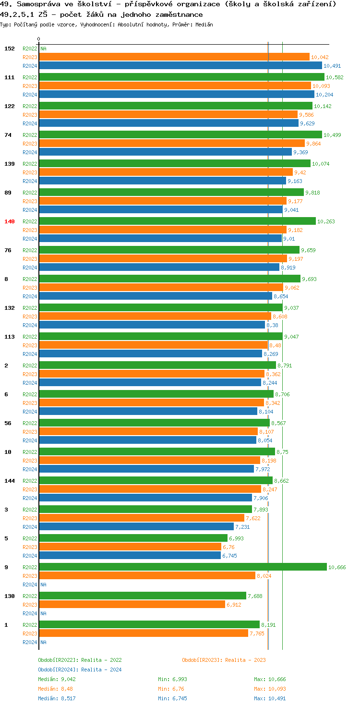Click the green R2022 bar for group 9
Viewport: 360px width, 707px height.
182,567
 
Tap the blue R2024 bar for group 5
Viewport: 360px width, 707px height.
130,555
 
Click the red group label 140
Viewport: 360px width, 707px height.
10,221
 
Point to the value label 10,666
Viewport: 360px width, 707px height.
337,567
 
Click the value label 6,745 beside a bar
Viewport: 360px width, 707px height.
229,556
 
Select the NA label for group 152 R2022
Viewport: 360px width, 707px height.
43,49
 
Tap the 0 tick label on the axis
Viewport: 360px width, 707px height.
39,39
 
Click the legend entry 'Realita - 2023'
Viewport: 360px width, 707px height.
224,660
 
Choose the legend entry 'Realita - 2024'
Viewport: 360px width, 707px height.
80,670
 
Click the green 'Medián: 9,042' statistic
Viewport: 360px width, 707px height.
57,679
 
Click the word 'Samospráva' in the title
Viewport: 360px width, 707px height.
38,4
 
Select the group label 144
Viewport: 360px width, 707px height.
10,481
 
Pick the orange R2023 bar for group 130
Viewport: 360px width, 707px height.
132,604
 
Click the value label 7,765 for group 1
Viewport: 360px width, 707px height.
257,634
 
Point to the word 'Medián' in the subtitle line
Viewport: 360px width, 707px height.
204,24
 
